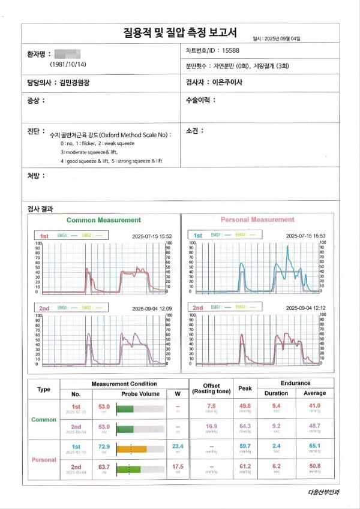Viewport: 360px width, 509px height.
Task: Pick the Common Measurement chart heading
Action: point(103,220)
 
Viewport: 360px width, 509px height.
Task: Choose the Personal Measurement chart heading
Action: point(257,220)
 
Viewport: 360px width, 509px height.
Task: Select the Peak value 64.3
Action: point(245,426)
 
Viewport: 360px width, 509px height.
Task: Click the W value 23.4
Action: point(178,446)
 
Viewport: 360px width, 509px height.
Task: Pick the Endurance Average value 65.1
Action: point(315,446)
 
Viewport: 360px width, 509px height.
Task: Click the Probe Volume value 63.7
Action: point(103,466)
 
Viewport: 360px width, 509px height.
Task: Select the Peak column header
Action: point(245,388)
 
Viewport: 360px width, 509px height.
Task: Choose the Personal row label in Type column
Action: point(44,459)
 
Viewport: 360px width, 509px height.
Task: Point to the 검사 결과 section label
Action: point(40,209)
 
